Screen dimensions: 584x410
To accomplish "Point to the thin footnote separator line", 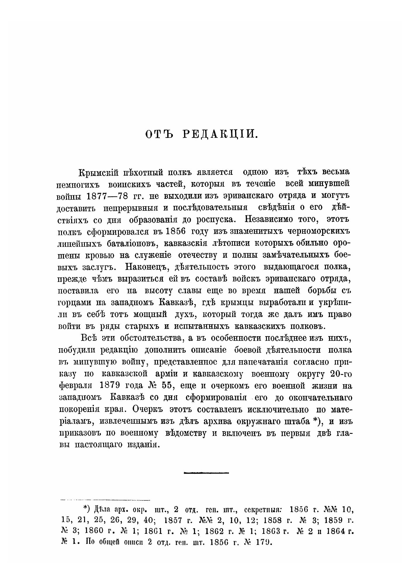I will click(x=104, y=500).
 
